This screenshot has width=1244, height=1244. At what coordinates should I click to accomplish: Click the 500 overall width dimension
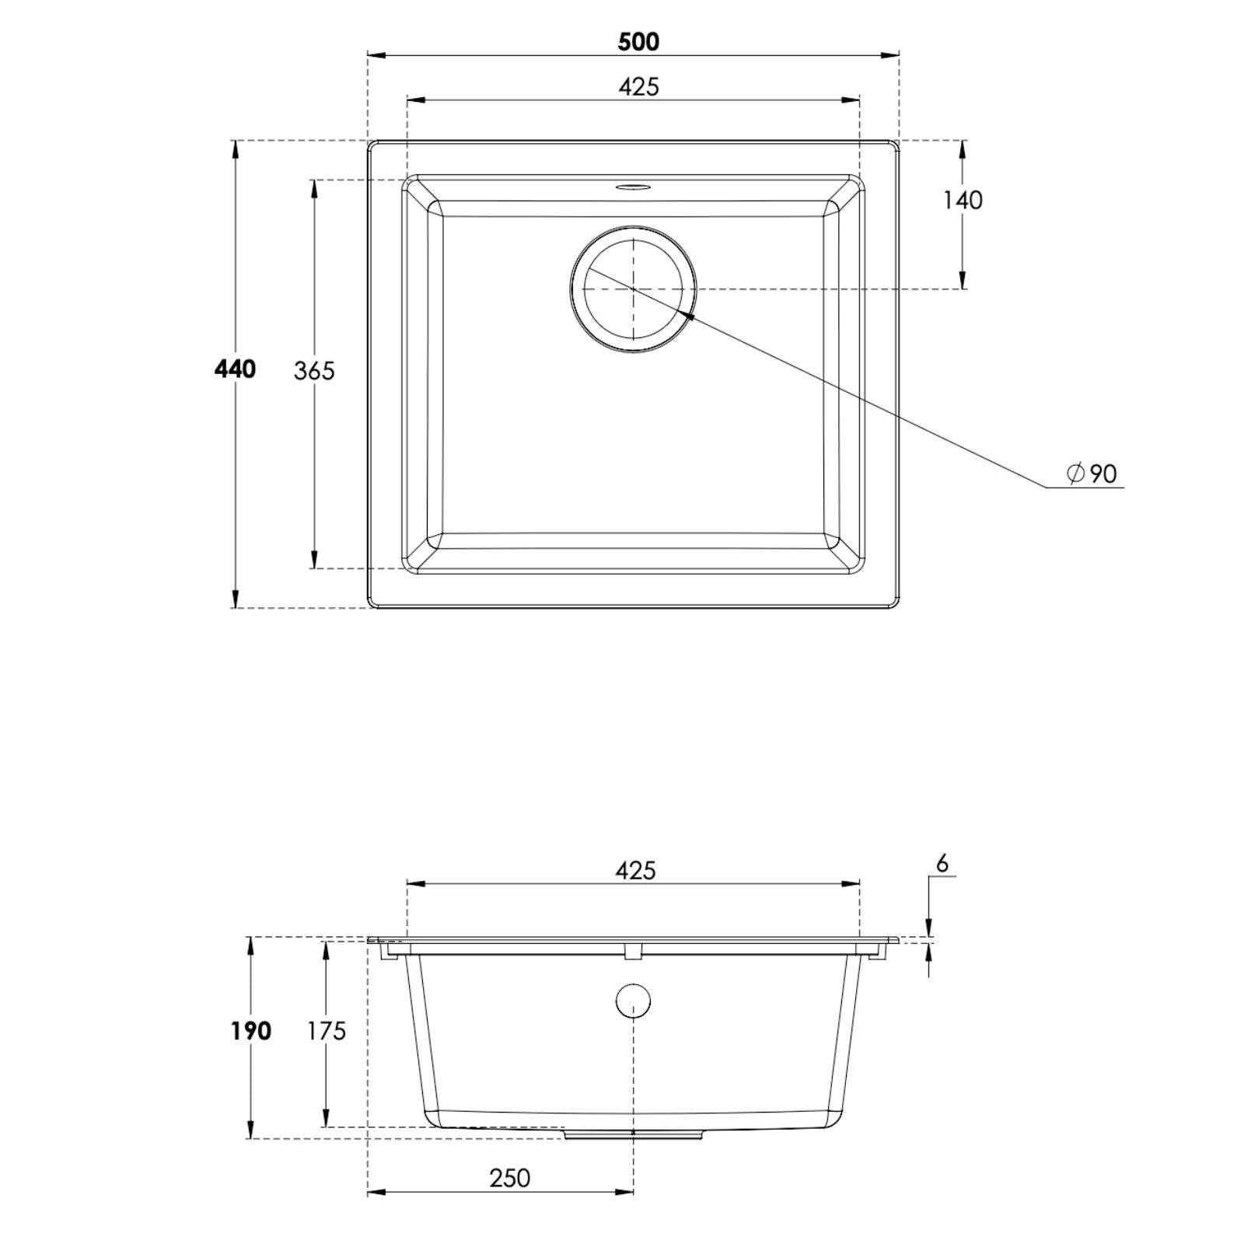point(638,42)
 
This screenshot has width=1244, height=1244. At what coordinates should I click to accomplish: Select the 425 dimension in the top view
point(638,86)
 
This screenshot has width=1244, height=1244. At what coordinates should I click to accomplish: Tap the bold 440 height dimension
point(235,369)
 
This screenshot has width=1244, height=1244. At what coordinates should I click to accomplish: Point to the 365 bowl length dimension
point(314,372)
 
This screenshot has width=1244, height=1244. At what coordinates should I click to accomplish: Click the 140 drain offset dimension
point(963,201)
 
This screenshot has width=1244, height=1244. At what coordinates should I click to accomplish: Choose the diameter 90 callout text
point(1092,473)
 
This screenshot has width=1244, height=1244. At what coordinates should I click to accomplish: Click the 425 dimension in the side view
point(636,870)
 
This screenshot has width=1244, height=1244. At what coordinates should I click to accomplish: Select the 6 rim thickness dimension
point(942,864)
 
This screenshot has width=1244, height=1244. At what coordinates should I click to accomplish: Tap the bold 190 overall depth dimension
point(250,1032)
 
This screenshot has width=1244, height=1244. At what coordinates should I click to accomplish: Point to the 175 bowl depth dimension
point(326,1032)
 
